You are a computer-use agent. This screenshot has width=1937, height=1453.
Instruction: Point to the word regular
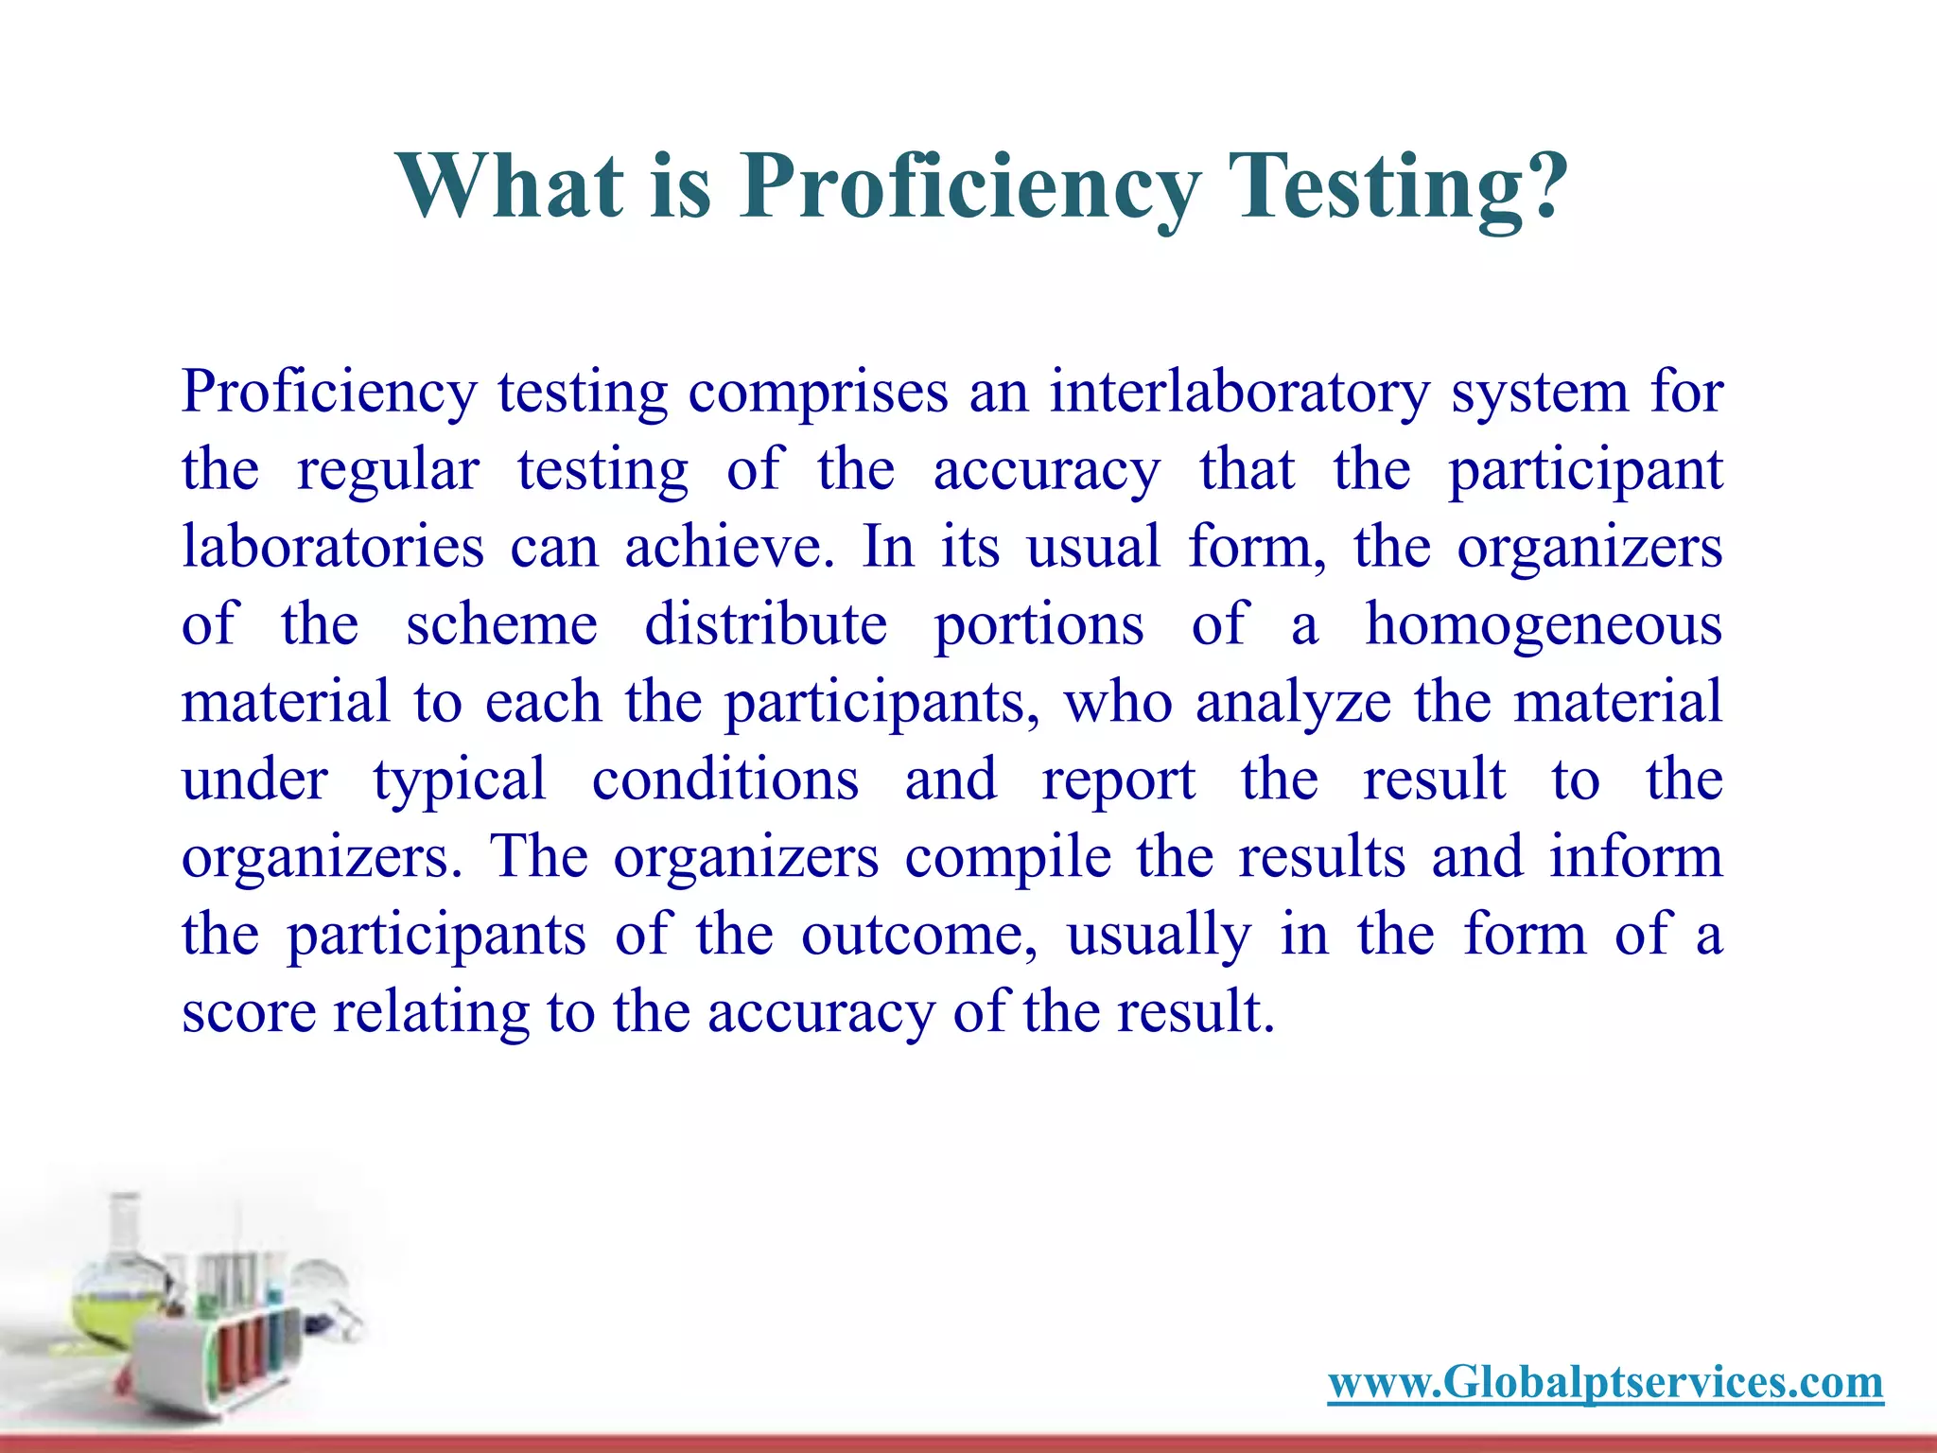pos(388,470)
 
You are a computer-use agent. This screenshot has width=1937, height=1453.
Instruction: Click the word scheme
pos(501,624)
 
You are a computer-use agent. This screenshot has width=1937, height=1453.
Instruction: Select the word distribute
pos(766,624)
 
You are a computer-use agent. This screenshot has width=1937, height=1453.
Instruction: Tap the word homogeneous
pos(1544,626)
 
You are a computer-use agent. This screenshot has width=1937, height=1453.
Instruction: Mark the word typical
pos(460,781)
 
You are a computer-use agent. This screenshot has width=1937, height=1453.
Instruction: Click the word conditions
pos(725,779)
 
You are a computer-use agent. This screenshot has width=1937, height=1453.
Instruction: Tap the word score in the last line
pos(249,1012)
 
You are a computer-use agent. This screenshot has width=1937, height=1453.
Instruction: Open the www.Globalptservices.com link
pos(1605,1382)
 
